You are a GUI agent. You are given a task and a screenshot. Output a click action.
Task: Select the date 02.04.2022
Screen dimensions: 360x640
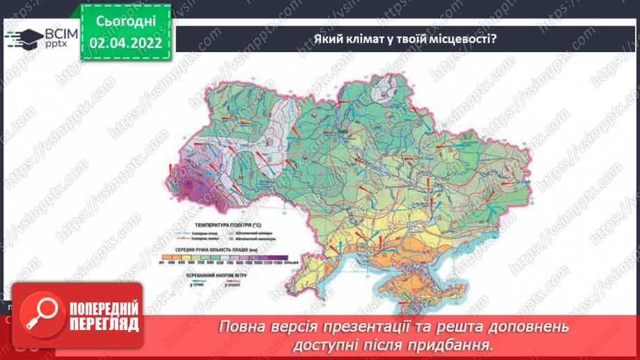point(126,42)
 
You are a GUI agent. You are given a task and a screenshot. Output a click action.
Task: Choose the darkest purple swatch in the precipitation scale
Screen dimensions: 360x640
point(278,256)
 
